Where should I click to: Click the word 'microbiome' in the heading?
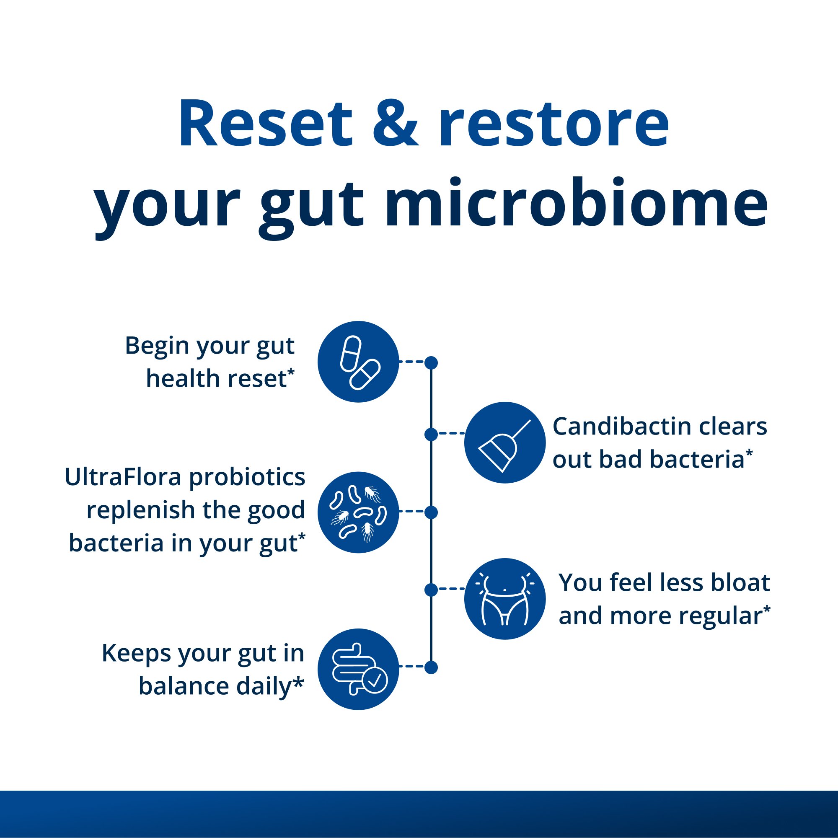click(x=581, y=204)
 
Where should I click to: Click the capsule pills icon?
click(x=358, y=362)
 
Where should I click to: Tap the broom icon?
click(x=504, y=442)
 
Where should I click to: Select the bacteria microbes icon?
click(x=358, y=512)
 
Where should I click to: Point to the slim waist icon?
click(x=504, y=599)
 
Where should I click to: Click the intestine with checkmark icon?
click(x=358, y=669)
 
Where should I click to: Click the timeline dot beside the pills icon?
click(x=431, y=362)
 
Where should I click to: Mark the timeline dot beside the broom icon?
click(x=431, y=434)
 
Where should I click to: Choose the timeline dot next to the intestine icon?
click(x=431, y=667)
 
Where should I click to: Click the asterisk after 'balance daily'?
click(x=298, y=683)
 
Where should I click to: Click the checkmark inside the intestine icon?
click(x=374, y=680)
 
